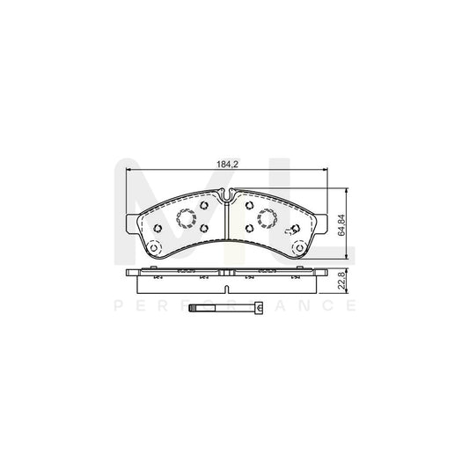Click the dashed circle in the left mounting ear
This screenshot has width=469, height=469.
click(x=153, y=247)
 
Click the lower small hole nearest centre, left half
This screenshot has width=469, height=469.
click(x=203, y=228)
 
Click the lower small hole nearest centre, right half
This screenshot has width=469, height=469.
click(x=250, y=228)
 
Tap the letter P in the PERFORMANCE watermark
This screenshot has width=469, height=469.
click(x=120, y=307)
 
